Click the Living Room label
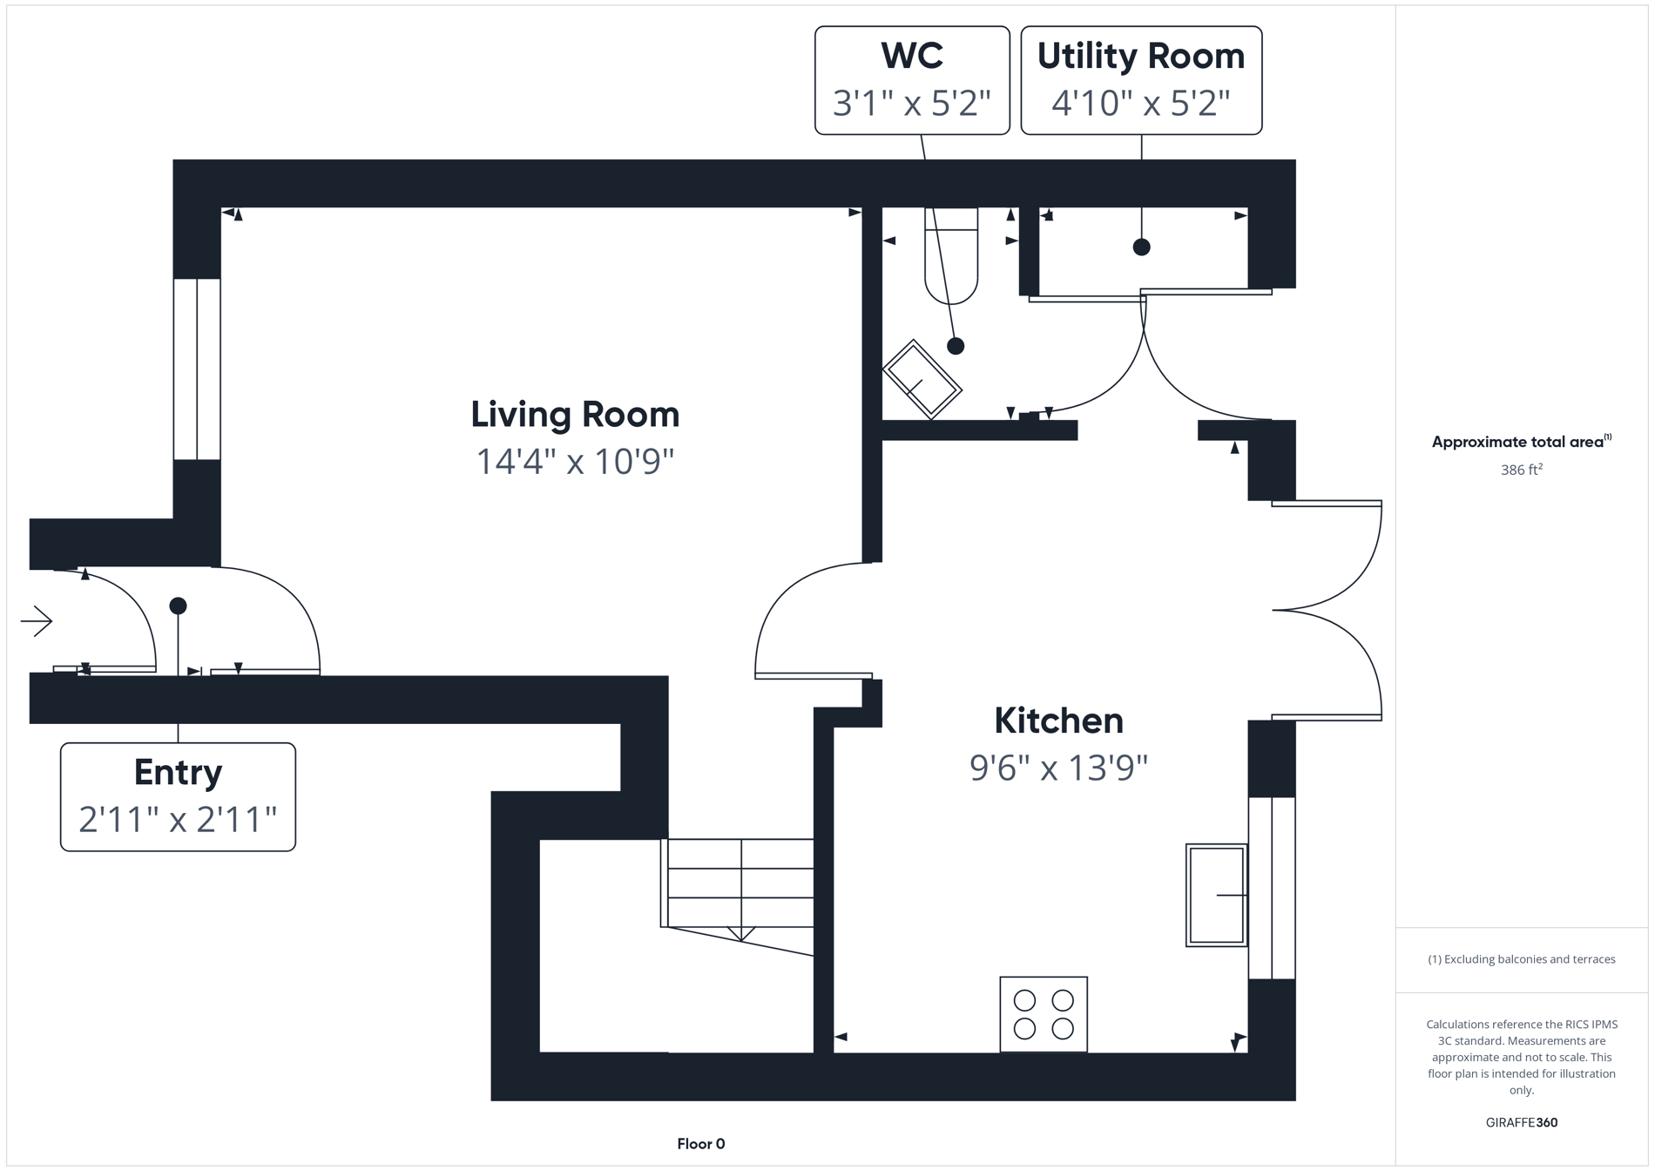coord(575,415)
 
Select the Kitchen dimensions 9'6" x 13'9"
coord(1058,768)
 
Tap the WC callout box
coord(912,80)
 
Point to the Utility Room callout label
coord(1140,57)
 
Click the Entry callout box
coord(178,796)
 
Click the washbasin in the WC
coord(922,379)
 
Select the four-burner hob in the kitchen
coord(1044,1014)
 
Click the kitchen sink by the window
coord(1216,895)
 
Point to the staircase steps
coord(740,883)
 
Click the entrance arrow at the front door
coord(37,621)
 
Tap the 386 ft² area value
coord(1521,470)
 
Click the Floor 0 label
coord(700,1144)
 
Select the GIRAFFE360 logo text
coord(1521,1122)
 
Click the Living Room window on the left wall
coord(197,369)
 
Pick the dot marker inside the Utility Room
coord(1141,247)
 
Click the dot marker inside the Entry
coord(178,606)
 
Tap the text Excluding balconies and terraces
coord(1521,959)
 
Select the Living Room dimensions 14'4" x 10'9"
coord(575,462)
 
